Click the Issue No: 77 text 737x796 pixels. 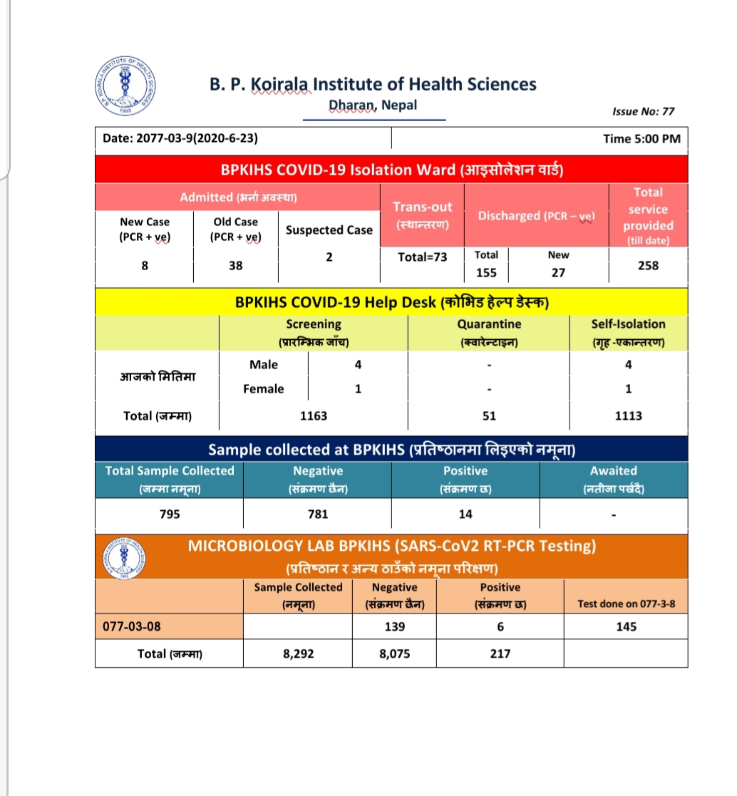[643, 111]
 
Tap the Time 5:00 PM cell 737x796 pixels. [641, 139]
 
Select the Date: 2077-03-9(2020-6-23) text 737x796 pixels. [181, 139]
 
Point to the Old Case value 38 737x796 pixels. [236, 265]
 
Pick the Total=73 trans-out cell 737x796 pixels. [423, 257]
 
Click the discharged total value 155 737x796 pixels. [487, 272]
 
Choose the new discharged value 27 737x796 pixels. [558, 272]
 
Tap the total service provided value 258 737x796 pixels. [649, 265]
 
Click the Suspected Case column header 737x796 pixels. [329, 229]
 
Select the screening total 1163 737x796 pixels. [314, 415]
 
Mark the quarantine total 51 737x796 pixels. [489, 415]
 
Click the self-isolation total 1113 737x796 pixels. [628, 415]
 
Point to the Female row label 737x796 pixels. [264, 388]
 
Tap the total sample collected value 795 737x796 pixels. [170, 514]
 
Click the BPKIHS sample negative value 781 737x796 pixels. [318, 514]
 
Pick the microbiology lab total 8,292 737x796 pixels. [298, 653]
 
